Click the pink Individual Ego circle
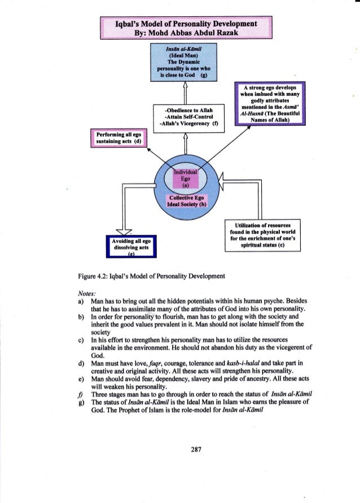tap(186, 176)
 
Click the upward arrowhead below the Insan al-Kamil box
tap(186, 85)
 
